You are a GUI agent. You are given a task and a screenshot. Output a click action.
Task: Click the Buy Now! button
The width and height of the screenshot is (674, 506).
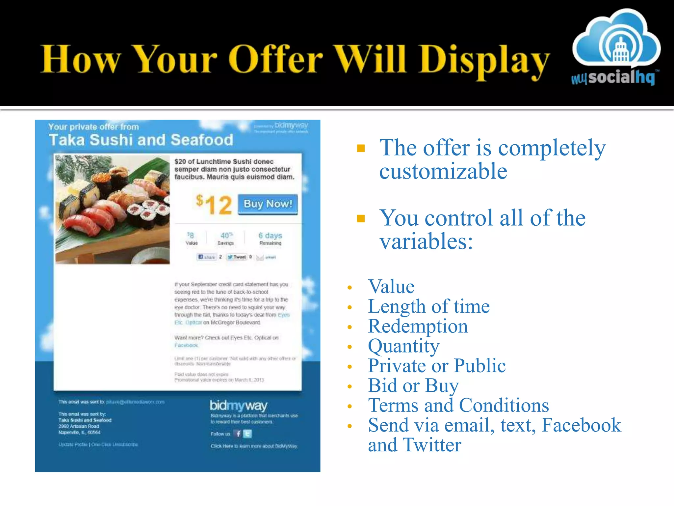(268, 204)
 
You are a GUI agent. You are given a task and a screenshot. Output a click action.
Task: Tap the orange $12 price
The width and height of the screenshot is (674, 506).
(214, 205)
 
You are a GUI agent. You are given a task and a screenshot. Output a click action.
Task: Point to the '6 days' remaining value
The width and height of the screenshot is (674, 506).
(270, 236)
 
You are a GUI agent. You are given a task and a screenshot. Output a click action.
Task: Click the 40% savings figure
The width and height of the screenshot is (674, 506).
(226, 236)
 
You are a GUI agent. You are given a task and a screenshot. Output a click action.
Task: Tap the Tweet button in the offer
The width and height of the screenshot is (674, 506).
(237, 257)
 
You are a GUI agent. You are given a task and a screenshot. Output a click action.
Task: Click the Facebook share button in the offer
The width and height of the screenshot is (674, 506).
(207, 257)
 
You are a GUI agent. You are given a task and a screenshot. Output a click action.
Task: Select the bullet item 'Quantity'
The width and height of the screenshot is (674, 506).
(403, 346)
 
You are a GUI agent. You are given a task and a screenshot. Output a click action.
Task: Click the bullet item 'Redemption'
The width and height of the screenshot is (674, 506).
(418, 326)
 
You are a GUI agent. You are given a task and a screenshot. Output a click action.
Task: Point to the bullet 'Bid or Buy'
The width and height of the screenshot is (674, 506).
(413, 385)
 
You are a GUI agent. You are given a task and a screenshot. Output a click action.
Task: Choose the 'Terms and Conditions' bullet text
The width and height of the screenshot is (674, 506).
(458, 405)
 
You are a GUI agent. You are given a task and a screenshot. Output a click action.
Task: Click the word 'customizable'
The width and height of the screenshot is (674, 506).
(443, 171)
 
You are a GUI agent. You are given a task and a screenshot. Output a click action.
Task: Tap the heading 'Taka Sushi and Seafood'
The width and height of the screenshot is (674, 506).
(141, 140)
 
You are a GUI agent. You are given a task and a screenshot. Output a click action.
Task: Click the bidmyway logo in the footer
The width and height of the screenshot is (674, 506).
(239, 406)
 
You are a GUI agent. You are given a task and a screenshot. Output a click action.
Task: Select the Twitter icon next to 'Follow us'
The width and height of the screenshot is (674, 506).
(248, 434)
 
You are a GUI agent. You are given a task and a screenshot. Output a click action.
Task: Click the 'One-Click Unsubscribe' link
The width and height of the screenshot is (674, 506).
(115, 444)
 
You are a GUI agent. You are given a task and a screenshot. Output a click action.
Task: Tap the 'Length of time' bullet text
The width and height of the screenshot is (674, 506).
(428, 306)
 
